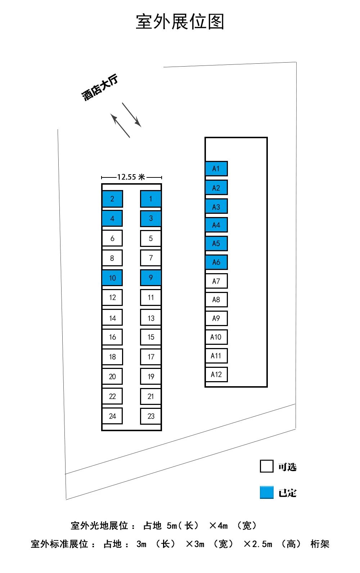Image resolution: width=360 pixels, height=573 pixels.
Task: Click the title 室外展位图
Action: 180,22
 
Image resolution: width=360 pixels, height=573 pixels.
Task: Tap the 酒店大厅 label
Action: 100,87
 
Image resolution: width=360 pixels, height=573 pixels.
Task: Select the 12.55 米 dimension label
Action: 131,177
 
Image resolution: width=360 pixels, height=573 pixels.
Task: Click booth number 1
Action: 150,199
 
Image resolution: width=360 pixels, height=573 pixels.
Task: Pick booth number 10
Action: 112,278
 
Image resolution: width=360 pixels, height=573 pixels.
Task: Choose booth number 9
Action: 150,278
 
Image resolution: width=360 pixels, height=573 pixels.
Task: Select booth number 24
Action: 112,416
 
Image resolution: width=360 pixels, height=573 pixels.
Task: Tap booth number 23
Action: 150,416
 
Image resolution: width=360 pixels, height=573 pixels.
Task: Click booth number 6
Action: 112,238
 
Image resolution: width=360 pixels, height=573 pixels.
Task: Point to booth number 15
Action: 150,337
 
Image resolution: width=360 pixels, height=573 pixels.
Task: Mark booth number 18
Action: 112,357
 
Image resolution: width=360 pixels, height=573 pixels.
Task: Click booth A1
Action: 216,168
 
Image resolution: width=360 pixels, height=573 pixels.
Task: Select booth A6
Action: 216,262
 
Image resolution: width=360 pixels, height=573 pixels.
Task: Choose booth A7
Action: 216,281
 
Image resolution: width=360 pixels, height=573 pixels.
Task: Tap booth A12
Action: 216,374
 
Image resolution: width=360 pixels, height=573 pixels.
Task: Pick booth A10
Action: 216,337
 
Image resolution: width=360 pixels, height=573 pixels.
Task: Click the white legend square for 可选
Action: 266,466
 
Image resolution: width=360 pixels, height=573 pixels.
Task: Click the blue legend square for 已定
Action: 266,492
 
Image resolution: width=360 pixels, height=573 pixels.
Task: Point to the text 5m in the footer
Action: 172,526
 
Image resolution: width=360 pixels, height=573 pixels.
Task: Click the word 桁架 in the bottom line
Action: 320,544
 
